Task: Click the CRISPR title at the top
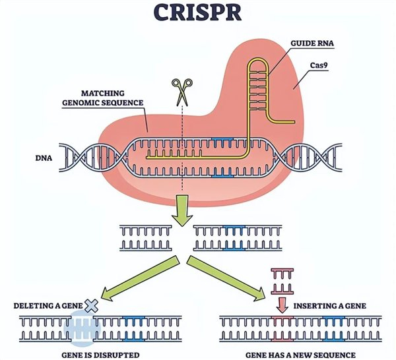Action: point(197,13)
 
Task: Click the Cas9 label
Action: point(321,64)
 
